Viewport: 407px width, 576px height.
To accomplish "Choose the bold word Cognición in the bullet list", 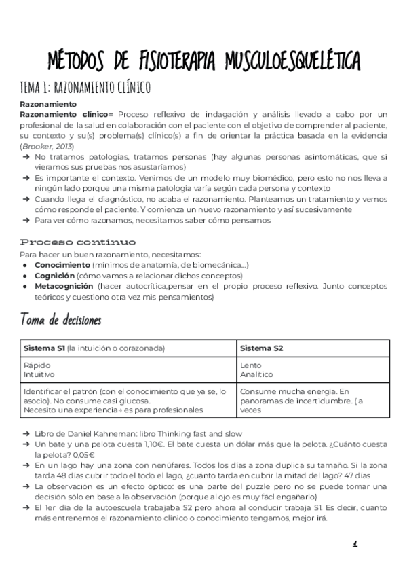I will click(x=54, y=275).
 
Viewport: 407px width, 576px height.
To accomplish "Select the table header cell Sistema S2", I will click(x=261, y=348).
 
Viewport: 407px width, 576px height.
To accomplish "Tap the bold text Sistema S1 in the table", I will click(x=44, y=348).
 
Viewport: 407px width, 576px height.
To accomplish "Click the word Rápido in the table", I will click(x=37, y=365).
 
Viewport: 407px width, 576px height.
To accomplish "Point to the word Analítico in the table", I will click(x=256, y=374).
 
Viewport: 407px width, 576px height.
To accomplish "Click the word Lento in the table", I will click(x=250, y=365).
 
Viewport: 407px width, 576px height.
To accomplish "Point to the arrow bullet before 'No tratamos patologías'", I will click(x=27, y=157).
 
